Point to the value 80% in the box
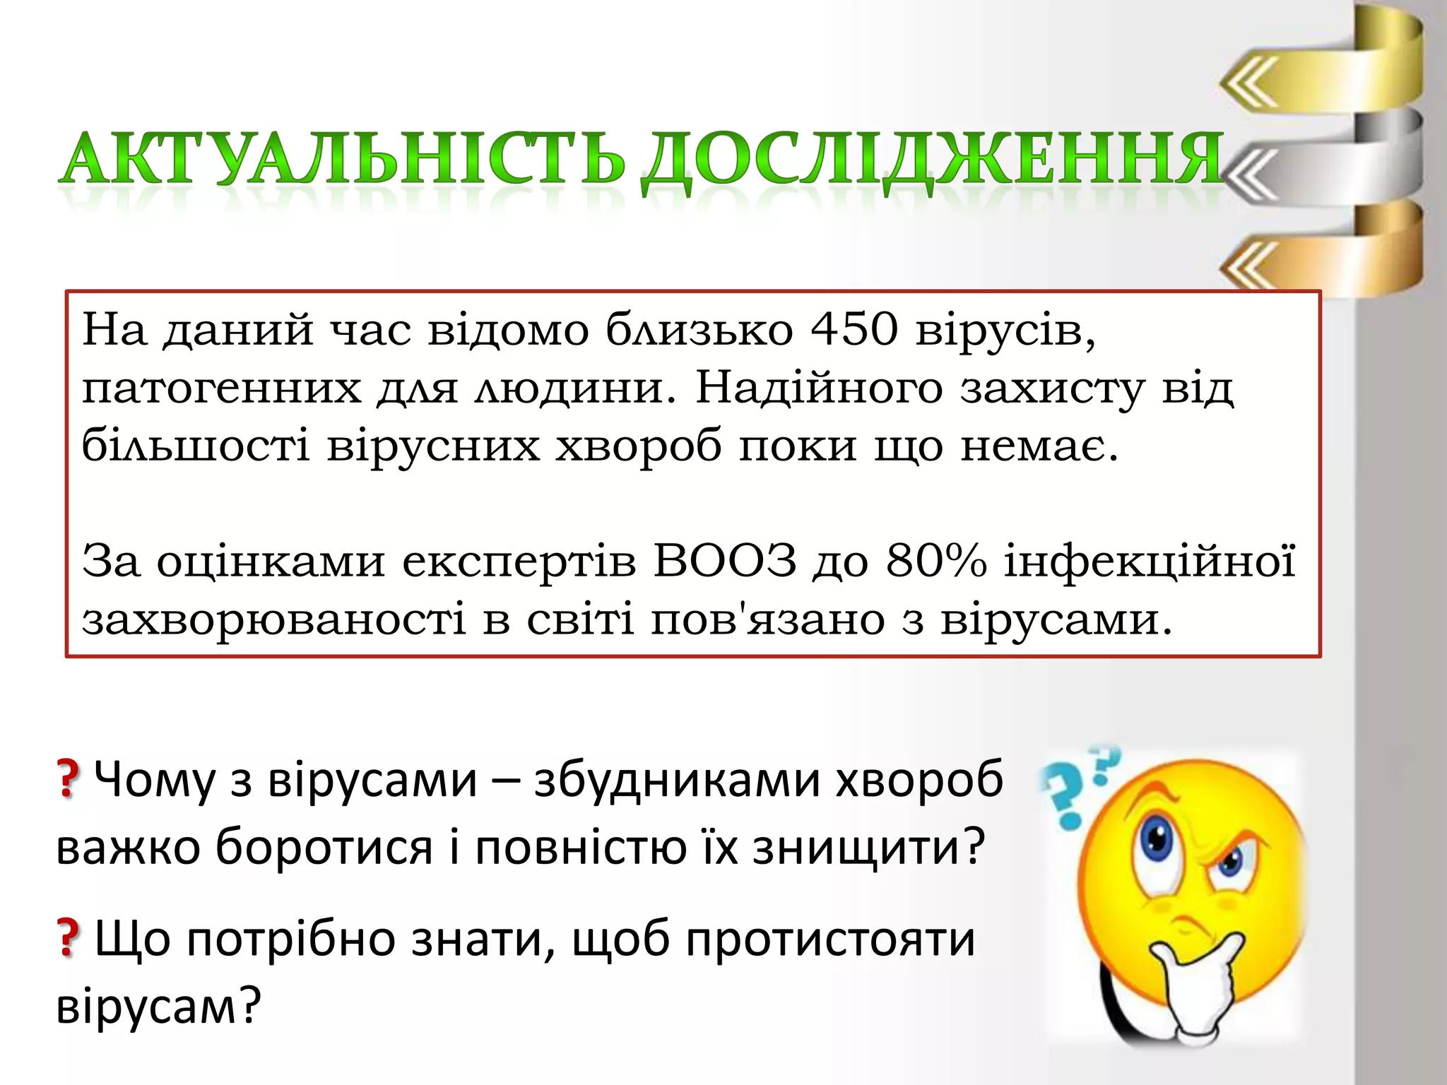935,562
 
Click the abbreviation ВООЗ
725,562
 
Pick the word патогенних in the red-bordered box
221,389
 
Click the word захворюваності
274,620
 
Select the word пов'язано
767,620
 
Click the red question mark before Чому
68,780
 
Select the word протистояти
830,939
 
